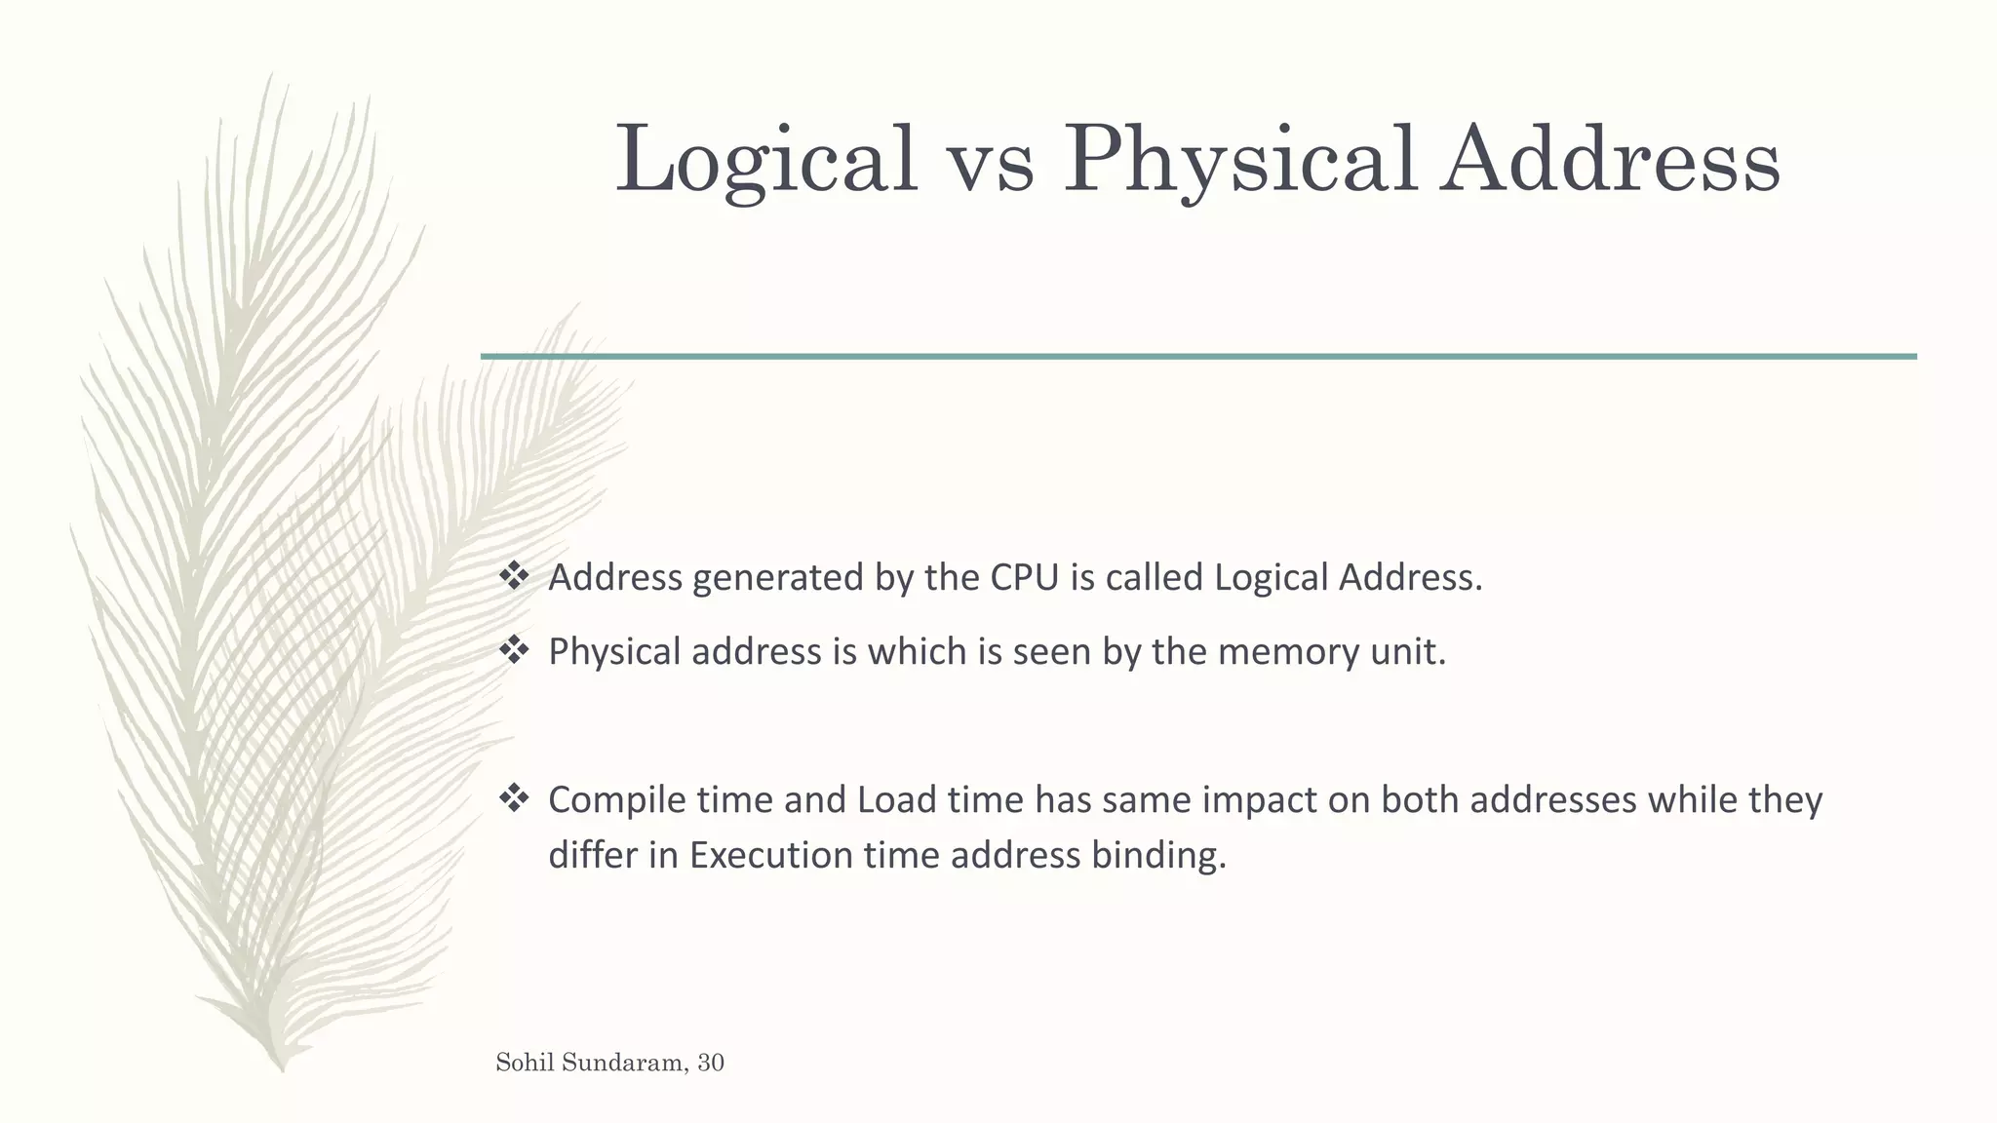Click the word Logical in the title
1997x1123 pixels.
click(766, 161)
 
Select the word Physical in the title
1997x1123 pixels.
click(1238, 161)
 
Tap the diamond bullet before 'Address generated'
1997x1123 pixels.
click(513, 576)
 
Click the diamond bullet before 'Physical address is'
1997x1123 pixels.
click(513, 650)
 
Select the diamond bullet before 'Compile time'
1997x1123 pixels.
click(513, 798)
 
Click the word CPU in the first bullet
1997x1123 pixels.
click(1024, 578)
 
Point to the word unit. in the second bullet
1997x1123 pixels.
click(1408, 652)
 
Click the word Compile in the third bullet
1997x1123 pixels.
click(617, 800)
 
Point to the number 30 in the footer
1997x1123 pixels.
click(711, 1063)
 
